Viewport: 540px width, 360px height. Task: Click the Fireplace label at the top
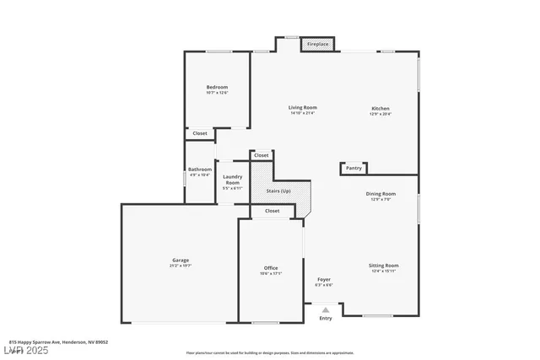[317, 44]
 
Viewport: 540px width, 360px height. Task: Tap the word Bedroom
[217, 87]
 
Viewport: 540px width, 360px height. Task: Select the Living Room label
[302, 107]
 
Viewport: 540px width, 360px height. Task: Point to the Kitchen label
[381, 108]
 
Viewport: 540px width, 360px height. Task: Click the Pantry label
[354, 168]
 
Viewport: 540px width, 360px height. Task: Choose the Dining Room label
[381, 194]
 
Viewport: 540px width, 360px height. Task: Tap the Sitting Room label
[382, 266]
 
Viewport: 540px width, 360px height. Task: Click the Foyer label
[323, 279]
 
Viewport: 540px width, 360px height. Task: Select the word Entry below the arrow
[326, 318]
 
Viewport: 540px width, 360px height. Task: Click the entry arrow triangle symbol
[326, 309]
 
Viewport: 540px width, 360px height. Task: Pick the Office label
[271, 268]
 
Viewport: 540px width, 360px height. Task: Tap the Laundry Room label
[232, 179]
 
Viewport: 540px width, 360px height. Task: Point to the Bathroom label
[200, 169]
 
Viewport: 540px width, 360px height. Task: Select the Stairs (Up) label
[279, 191]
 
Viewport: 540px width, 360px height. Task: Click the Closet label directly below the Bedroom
[200, 133]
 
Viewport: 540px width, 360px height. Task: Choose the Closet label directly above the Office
[272, 211]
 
